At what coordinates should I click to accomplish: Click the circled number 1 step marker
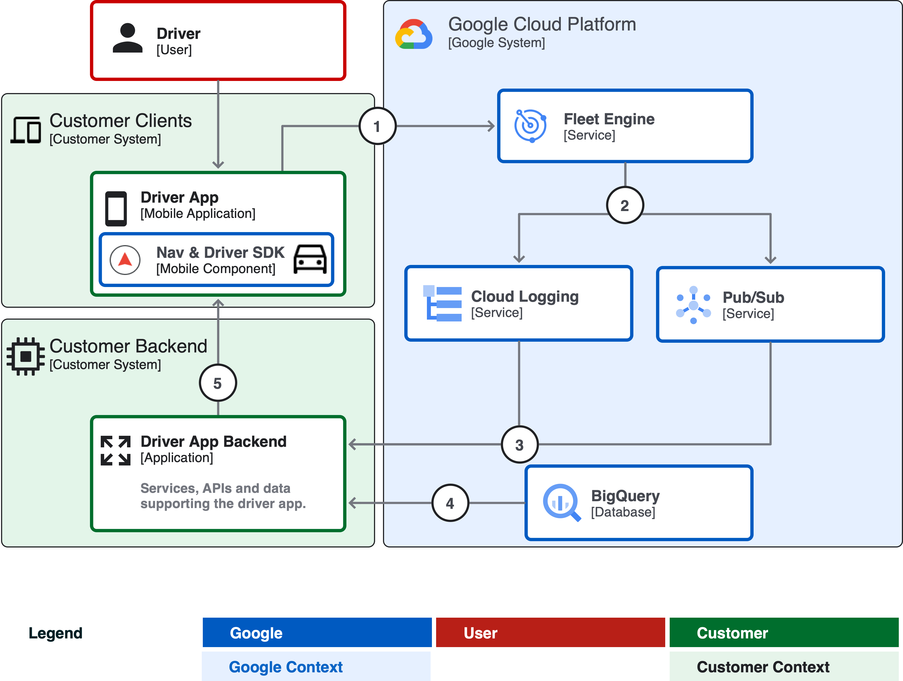pyautogui.click(x=377, y=126)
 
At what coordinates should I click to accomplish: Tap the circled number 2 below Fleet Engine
pyautogui.click(x=625, y=205)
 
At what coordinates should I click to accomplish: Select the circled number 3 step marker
pyautogui.click(x=519, y=444)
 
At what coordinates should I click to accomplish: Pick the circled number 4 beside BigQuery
pyautogui.click(x=450, y=503)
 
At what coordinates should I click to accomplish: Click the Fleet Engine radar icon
pyautogui.click(x=530, y=126)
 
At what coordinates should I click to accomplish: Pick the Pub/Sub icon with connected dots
pyautogui.click(x=693, y=305)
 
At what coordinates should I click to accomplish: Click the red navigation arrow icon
pyautogui.click(x=125, y=259)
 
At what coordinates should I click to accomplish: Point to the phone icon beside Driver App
pyautogui.click(x=116, y=208)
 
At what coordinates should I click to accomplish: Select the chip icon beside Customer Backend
pyautogui.click(x=26, y=356)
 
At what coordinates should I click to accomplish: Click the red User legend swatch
pyautogui.click(x=550, y=632)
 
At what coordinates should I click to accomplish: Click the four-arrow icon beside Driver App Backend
pyautogui.click(x=115, y=450)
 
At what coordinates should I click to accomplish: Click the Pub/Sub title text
pyautogui.click(x=753, y=298)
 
